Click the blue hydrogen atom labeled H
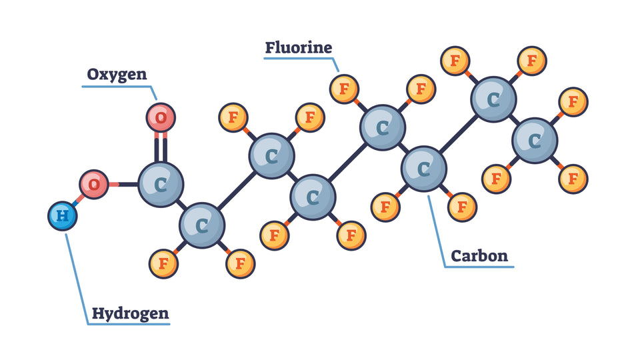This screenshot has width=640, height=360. (63, 216)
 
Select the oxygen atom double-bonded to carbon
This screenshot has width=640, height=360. (161, 119)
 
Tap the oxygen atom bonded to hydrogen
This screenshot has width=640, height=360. (94, 184)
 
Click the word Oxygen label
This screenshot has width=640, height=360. (117, 74)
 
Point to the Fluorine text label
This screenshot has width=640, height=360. (298, 47)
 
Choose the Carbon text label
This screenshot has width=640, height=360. (479, 255)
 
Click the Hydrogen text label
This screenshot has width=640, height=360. (130, 313)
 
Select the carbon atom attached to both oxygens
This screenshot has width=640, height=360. (161, 185)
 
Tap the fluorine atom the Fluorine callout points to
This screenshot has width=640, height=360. (345, 88)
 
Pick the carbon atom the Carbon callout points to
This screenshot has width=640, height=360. (424, 169)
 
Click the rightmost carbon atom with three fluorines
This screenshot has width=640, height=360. (535, 141)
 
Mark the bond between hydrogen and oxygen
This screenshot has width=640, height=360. (78, 200)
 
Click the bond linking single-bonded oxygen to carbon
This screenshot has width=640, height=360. (123, 184)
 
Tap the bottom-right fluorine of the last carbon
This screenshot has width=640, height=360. (572, 178)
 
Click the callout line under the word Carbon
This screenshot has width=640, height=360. (479, 267)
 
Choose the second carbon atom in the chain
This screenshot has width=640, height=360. (202, 225)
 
